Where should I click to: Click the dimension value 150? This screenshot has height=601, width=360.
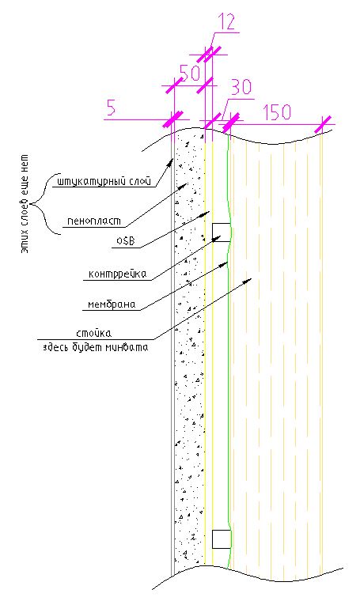[277, 112]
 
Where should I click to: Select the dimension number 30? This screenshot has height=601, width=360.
[241, 87]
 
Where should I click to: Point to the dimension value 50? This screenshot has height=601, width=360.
[190, 73]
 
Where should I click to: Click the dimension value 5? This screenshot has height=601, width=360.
[111, 108]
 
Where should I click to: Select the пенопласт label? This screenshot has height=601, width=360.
[94, 221]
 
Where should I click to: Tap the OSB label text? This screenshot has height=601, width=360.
[125, 241]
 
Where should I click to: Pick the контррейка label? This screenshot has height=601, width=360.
[117, 274]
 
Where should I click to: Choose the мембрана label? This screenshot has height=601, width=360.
[112, 304]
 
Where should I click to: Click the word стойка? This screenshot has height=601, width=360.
[93, 334]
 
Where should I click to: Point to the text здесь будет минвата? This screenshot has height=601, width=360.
[96, 348]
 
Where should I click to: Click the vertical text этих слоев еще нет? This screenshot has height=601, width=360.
[25, 203]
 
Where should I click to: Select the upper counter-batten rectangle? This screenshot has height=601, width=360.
[222, 232]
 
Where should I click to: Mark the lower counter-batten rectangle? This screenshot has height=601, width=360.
[222, 539]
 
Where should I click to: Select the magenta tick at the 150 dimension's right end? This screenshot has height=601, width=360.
[323, 124]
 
